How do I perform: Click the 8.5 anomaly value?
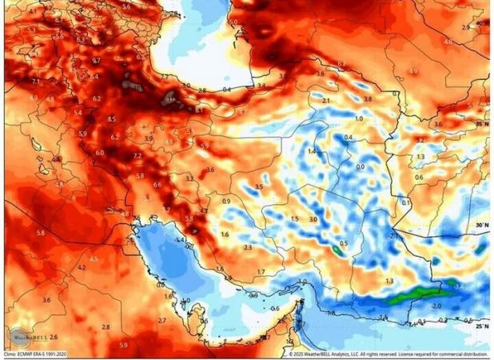point(111,118)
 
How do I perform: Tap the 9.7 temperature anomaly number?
point(96,60)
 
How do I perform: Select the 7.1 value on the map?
point(36,81)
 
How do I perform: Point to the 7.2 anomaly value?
point(137,155)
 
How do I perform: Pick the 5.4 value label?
point(78,113)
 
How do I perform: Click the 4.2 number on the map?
point(82,266)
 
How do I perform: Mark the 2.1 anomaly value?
point(325,100)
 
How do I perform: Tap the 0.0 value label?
point(360,166)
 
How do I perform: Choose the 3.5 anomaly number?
point(258,186)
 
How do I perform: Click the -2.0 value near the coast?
point(436,306)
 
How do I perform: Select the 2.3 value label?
point(248,248)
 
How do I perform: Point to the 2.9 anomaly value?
point(466,27)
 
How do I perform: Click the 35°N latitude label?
point(480,124)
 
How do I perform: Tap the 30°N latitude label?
point(480,226)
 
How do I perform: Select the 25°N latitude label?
point(480,326)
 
